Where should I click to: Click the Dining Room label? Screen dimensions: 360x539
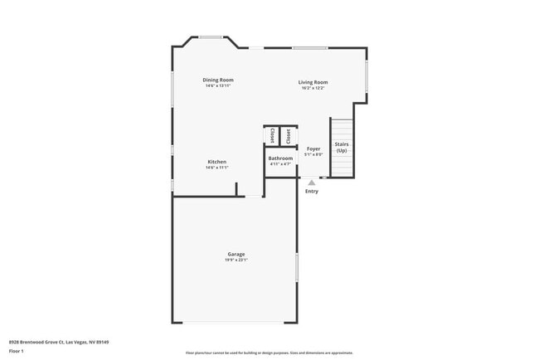point(218,80)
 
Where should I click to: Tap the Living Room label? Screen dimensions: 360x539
point(313,82)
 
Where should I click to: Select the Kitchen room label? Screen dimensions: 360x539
point(217,162)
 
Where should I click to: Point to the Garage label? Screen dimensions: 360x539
point(236,254)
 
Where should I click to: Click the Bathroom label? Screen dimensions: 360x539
point(280,158)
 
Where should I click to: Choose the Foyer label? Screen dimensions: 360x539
point(313,148)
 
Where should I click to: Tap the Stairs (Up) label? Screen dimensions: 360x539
point(342,147)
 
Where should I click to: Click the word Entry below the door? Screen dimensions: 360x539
point(312,191)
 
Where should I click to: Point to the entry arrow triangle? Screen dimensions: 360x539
point(312,182)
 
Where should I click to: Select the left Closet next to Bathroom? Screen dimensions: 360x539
point(273,136)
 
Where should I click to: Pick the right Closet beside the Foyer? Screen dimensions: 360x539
point(289,136)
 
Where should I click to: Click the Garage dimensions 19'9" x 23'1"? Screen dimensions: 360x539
point(236,260)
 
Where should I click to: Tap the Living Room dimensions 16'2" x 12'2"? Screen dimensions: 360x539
point(313,88)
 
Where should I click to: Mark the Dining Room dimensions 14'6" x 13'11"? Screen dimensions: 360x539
point(218,85)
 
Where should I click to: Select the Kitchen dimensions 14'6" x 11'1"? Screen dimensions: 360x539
point(217,168)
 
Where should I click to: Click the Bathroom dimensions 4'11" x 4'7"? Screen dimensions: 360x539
point(280,163)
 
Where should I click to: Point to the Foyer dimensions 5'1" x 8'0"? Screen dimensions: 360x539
point(313,154)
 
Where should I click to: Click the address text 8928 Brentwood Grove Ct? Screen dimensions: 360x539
point(58,342)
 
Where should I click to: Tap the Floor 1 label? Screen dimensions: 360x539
point(17,350)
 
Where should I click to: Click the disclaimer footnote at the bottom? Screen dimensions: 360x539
point(269,353)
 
